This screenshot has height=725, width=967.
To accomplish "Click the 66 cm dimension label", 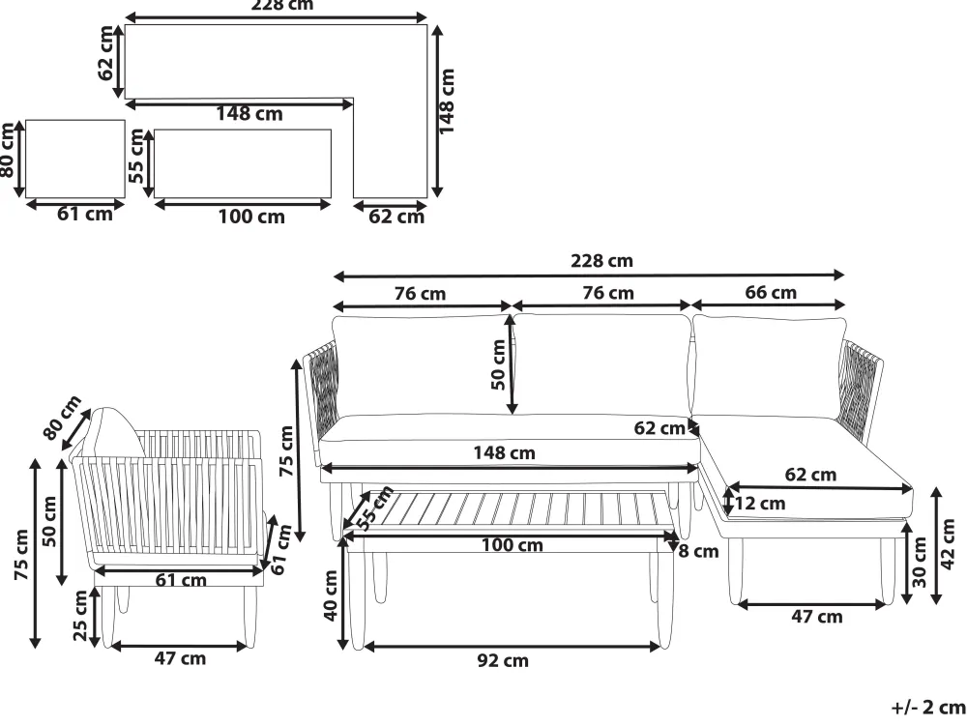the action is [x=771, y=292].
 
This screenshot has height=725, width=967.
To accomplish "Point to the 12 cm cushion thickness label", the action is [x=760, y=504].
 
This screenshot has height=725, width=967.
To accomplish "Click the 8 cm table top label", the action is [x=698, y=551].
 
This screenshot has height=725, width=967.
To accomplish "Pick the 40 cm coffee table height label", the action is [x=331, y=594].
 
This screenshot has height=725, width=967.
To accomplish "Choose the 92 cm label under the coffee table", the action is [x=503, y=660].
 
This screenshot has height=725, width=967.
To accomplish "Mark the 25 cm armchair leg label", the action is [x=81, y=615].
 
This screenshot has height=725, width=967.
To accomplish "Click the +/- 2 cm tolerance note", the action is [x=928, y=708].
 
